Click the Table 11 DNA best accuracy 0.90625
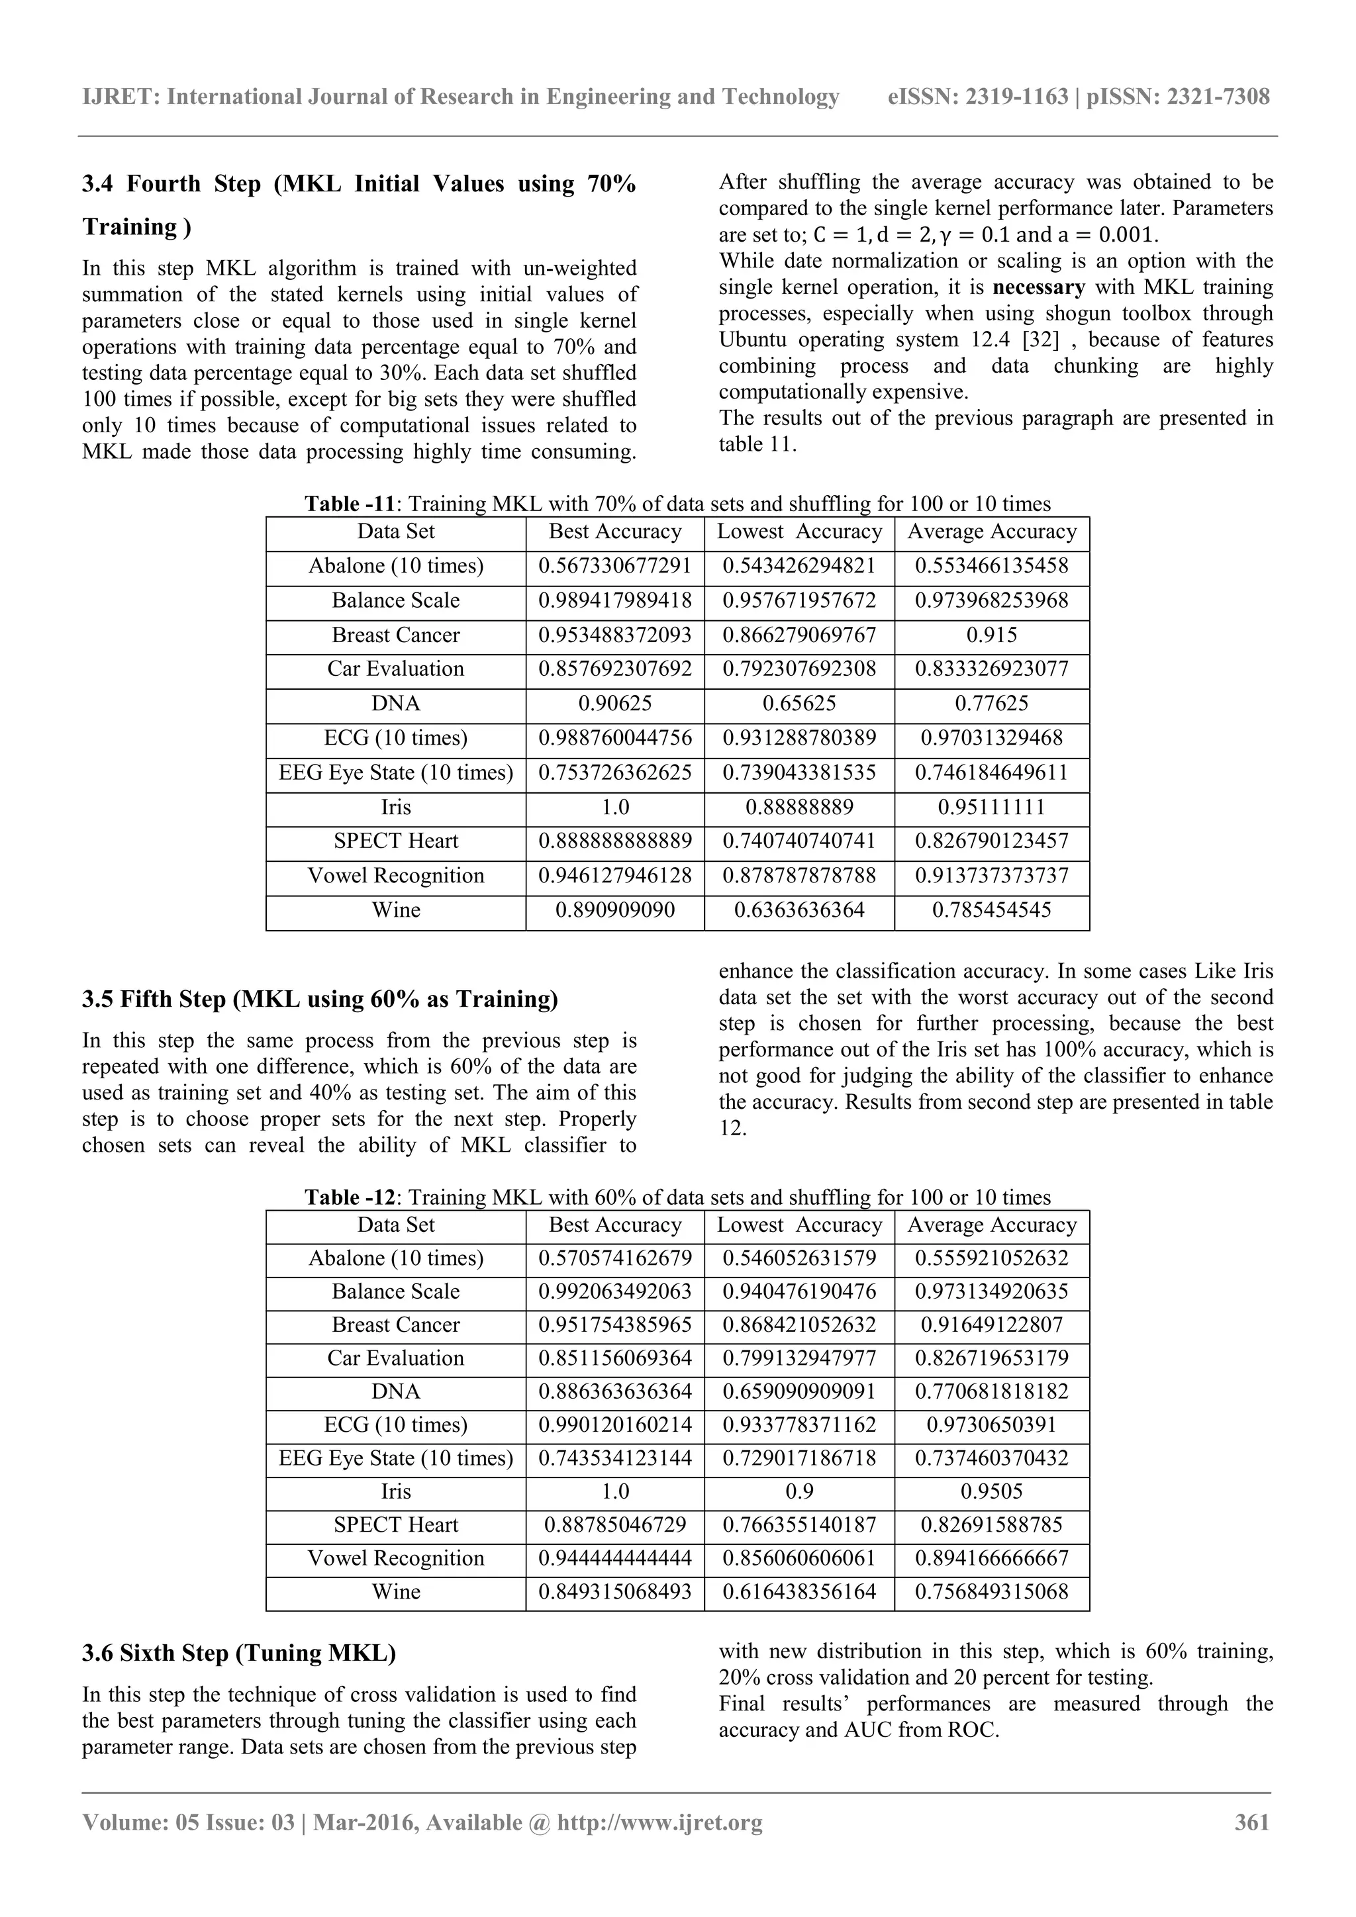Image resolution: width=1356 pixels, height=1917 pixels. (x=614, y=704)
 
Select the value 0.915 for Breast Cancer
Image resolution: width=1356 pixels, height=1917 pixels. (x=991, y=635)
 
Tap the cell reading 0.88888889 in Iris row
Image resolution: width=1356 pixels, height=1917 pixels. (x=799, y=808)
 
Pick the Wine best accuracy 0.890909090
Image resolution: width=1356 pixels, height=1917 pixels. (x=614, y=910)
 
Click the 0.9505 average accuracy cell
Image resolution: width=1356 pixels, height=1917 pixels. (x=991, y=1491)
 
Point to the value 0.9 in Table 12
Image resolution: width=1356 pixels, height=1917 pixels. (x=799, y=1491)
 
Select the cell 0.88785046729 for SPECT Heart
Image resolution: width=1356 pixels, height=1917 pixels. (x=614, y=1524)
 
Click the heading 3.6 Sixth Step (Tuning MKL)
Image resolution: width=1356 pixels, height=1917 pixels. (x=239, y=1653)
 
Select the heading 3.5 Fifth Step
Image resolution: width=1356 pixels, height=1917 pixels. (x=320, y=1000)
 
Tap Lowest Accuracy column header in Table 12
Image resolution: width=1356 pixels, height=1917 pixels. (x=799, y=1225)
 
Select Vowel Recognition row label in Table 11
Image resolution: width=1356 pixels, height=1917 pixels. (x=396, y=876)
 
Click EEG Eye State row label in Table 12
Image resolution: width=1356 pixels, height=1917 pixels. (x=396, y=1458)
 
